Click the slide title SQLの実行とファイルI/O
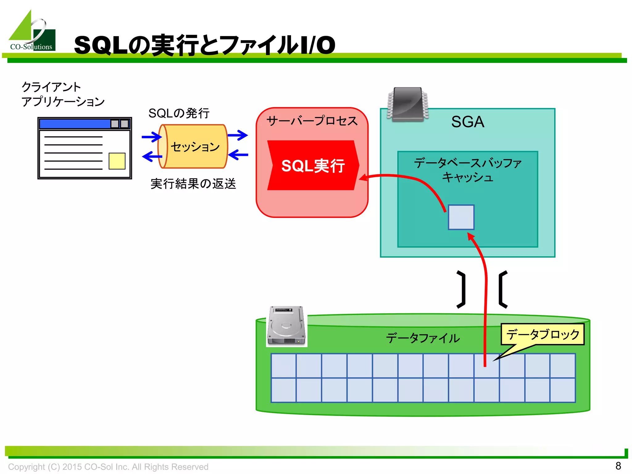tap(204, 45)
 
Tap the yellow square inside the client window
tap(117, 161)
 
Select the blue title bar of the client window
tap(75, 124)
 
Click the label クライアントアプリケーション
tap(63, 94)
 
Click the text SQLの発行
tap(179, 113)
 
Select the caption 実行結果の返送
tap(193, 184)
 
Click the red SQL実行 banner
tap(313, 165)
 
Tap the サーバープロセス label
tap(312, 121)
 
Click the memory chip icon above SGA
tap(408, 104)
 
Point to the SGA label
tap(468, 122)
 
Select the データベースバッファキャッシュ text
tap(468, 170)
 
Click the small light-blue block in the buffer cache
tap(461, 217)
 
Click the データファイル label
tap(423, 338)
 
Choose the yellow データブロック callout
tap(543, 335)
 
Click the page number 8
tap(618, 466)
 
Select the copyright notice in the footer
tap(108, 467)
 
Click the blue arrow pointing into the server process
tap(238, 135)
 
